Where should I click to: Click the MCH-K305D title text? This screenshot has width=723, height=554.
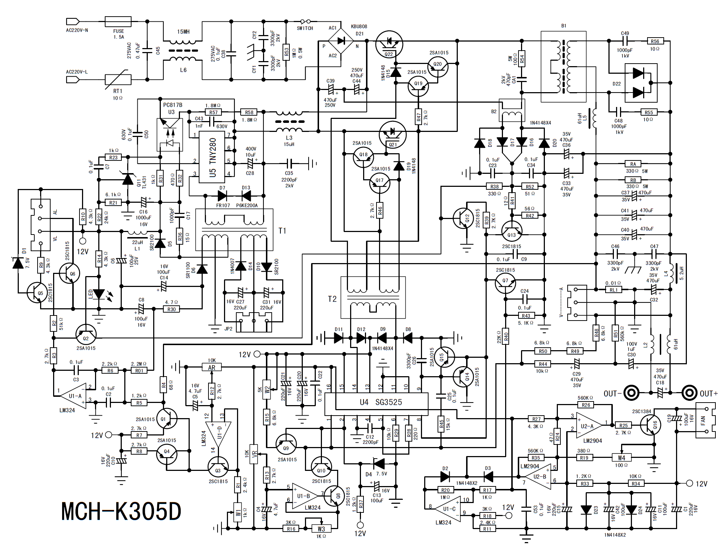coord(121,511)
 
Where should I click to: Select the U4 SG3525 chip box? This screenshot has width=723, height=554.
coord(376,402)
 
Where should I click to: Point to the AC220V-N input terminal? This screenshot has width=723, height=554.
coord(73,21)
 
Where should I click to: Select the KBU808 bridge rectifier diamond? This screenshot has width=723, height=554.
coord(341,41)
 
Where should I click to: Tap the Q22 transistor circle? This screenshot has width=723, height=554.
coord(389,44)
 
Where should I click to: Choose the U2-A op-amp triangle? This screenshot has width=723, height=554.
coord(588,425)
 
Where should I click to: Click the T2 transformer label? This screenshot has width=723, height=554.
coord(332,299)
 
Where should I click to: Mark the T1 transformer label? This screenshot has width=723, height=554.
coord(282,231)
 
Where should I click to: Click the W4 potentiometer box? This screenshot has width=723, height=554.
coord(621,458)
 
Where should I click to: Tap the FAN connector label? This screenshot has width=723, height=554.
coord(703,421)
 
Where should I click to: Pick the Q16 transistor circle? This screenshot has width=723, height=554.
coord(651,425)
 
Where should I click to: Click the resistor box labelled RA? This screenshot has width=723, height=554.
coord(633,164)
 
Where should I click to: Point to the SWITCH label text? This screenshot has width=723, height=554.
coord(305,28)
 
